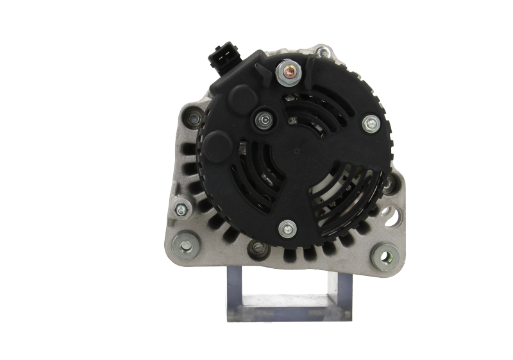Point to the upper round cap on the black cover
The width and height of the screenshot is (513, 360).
[240, 99]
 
